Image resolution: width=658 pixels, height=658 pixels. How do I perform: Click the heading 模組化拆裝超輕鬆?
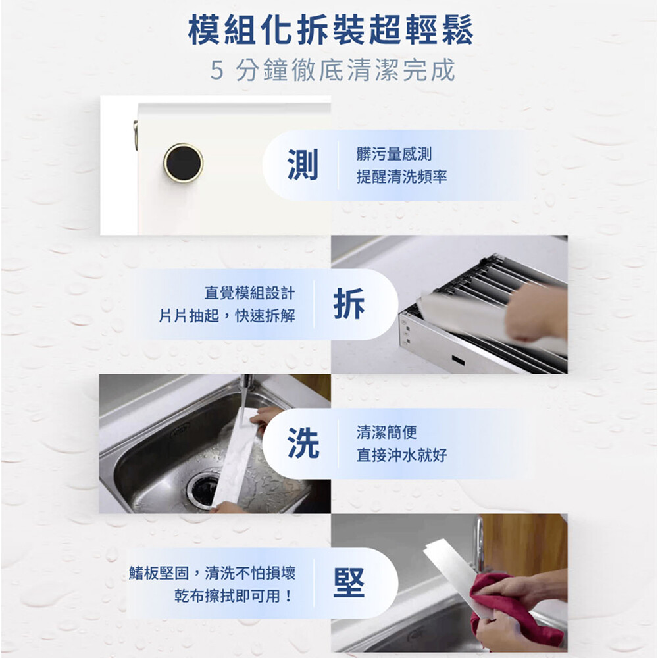tap(331, 30)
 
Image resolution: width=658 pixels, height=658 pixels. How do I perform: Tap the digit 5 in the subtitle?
tap(217, 70)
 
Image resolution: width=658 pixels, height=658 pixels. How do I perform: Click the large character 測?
tap(303, 164)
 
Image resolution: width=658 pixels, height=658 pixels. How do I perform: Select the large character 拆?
tap(349, 304)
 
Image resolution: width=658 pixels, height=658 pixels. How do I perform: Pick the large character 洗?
tap(303, 443)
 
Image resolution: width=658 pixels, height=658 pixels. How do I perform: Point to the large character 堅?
tap(349, 582)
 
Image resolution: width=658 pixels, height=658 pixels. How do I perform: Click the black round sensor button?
tap(184, 163)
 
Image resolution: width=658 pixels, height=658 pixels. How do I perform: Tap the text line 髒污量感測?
tap(394, 154)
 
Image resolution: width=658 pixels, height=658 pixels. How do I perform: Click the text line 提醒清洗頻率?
tap(401, 176)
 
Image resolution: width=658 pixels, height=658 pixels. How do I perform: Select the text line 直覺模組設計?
tap(249, 293)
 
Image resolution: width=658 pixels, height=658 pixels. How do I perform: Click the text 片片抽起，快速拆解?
tap(227, 316)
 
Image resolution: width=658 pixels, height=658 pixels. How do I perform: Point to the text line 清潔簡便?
tap(386, 432)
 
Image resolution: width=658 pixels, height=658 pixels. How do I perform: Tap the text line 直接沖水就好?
tap(401, 455)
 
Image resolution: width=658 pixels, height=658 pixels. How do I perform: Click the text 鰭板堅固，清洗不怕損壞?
tap(213, 573)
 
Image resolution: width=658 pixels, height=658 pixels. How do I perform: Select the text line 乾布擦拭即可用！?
tap(234, 595)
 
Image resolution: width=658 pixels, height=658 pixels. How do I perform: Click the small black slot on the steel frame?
tap(458, 360)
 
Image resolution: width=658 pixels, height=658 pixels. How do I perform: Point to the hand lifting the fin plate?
tap(536, 313)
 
